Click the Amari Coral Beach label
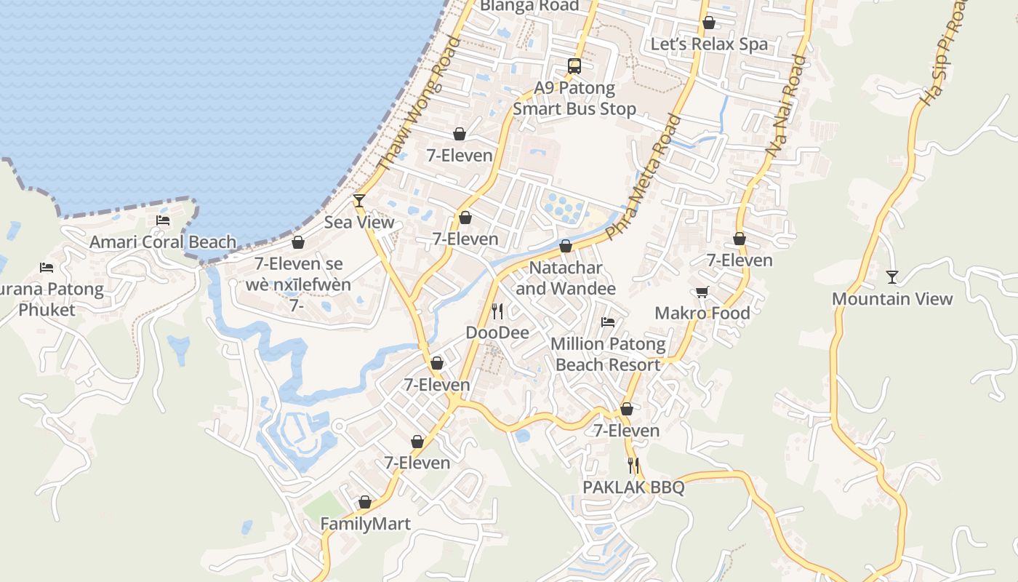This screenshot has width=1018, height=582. [163, 242]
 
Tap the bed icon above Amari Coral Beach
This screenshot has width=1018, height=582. [163, 220]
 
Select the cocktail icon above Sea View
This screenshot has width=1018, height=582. [359, 200]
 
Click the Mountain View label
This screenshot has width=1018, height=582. [892, 299]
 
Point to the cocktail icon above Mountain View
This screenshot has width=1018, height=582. [892, 277]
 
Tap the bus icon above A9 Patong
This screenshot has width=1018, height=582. [574, 67]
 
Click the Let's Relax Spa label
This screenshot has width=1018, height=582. [709, 44]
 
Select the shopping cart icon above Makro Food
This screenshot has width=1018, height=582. [702, 292]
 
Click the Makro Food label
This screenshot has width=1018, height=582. [702, 313]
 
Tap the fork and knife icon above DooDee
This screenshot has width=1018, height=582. [497, 311]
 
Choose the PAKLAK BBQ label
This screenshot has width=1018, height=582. [634, 487]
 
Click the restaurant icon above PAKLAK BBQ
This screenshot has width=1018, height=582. [634, 466]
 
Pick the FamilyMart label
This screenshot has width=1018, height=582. [366, 524]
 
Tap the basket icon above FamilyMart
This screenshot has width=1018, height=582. [365, 502]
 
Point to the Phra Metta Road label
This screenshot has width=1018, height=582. [644, 178]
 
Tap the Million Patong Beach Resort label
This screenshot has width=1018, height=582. [608, 354]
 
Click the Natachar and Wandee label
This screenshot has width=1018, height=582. [566, 278]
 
